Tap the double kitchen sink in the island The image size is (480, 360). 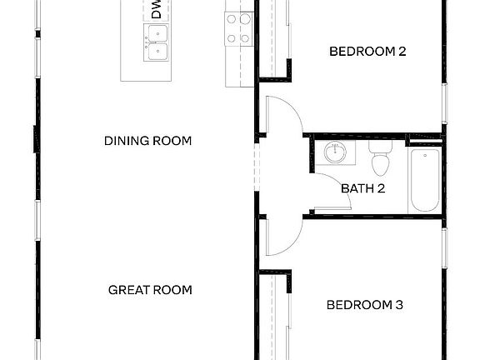156,42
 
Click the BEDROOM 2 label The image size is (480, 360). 367,52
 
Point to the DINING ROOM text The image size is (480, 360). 147,141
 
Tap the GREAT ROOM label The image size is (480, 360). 150,290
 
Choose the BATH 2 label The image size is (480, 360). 362,188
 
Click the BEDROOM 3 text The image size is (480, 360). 364,305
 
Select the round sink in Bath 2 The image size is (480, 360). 335,152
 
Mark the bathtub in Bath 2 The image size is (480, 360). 423,181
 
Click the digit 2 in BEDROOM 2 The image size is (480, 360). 402,52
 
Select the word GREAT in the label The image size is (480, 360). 127,290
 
